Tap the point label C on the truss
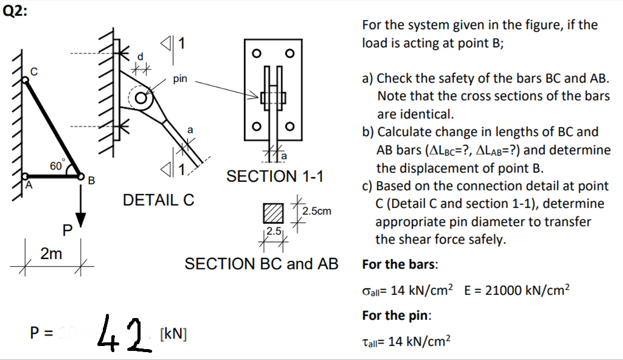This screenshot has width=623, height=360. coord(34,72)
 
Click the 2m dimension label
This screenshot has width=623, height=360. coord(51,254)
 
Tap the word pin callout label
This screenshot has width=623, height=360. coord(180,78)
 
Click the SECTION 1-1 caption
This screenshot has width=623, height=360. coord(274,176)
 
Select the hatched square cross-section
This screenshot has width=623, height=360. coord(273,213)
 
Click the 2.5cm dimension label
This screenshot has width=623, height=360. coord(318,211)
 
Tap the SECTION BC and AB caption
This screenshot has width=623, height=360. coord(261,264)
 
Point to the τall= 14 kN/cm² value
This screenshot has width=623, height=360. coord(406,342)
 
